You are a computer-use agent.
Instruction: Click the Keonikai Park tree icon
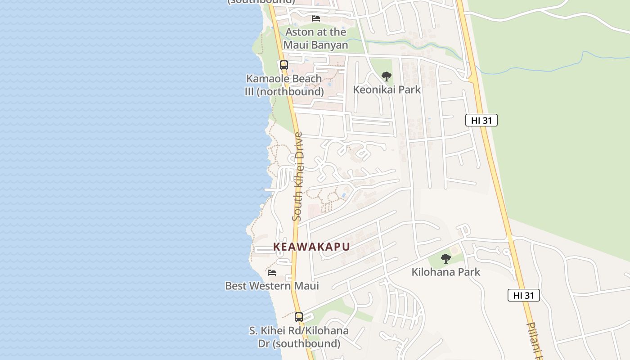[386, 76]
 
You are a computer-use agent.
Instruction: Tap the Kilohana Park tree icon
[446, 259]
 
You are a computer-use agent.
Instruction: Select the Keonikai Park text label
[387, 90]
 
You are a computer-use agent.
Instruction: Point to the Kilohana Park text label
[445, 272]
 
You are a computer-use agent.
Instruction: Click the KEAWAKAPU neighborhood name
[311, 247]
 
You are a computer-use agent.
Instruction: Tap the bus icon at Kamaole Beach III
[283, 65]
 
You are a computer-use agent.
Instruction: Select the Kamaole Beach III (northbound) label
[284, 85]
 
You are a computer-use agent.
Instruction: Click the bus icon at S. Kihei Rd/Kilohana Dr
[299, 317]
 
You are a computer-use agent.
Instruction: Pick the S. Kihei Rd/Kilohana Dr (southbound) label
[299, 337]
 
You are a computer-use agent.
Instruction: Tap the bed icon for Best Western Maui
[272, 272]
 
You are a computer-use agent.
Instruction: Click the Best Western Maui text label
[272, 286]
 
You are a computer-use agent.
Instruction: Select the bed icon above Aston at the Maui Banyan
[316, 18]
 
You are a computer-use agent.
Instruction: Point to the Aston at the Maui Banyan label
[315, 38]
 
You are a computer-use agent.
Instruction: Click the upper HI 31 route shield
[481, 120]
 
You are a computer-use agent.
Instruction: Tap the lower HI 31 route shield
[523, 295]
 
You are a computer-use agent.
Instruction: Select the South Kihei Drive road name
[297, 176]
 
